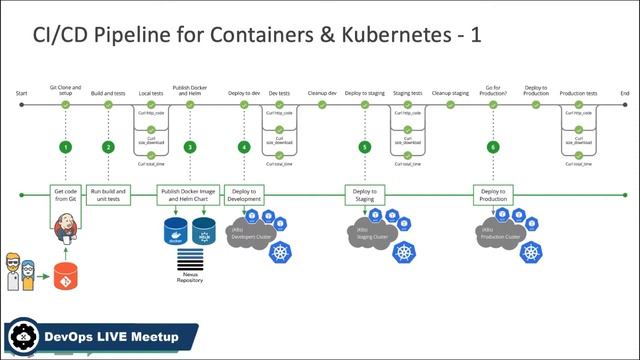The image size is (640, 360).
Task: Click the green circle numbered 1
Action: tap(65, 147)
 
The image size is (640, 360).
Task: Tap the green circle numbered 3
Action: tap(190, 147)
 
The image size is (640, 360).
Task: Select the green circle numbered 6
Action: tap(492, 147)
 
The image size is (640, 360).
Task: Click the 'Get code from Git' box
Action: tap(65, 194)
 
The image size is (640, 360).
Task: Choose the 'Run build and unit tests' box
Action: tap(108, 194)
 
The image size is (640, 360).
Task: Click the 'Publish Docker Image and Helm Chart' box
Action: tap(189, 194)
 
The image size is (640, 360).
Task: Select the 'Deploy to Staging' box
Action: tap(364, 194)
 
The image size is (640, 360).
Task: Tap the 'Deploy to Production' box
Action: tap(492, 194)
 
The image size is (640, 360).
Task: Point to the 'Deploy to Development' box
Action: tap(244, 194)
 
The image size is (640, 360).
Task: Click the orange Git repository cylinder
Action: tap(67, 275)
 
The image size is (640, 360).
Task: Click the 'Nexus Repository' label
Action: tap(190, 277)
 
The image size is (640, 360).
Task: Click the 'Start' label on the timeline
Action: tap(22, 92)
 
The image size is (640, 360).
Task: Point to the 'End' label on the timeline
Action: tap(624, 92)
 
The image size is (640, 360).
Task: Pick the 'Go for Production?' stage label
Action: tap(492, 89)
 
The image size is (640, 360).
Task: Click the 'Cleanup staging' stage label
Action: tap(450, 92)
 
